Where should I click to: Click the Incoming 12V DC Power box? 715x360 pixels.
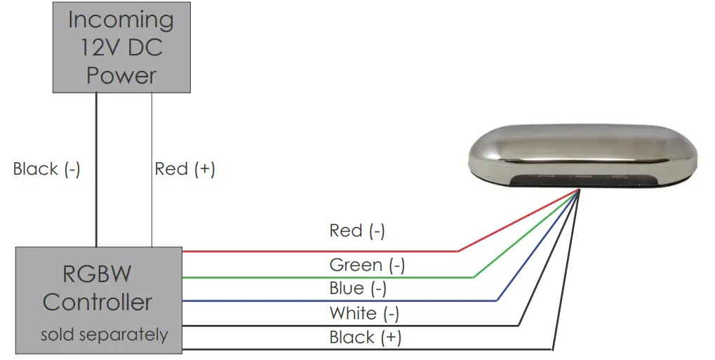[121, 46]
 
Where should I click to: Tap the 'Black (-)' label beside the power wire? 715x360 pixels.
[46, 169]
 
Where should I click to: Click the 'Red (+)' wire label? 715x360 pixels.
[185, 169]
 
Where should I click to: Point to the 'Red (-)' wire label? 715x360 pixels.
[356, 231]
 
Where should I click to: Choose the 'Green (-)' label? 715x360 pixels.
[366, 265]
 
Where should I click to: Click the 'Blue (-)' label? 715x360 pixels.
[357, 288]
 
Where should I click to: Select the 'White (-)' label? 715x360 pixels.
[363, 313]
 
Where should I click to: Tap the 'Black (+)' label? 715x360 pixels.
[365, 338]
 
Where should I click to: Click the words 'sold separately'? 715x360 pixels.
[104, 335]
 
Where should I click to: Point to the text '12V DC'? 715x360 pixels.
[121, 47]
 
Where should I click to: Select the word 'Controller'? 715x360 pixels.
[97, 302]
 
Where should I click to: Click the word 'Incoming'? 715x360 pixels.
[121, 19]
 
